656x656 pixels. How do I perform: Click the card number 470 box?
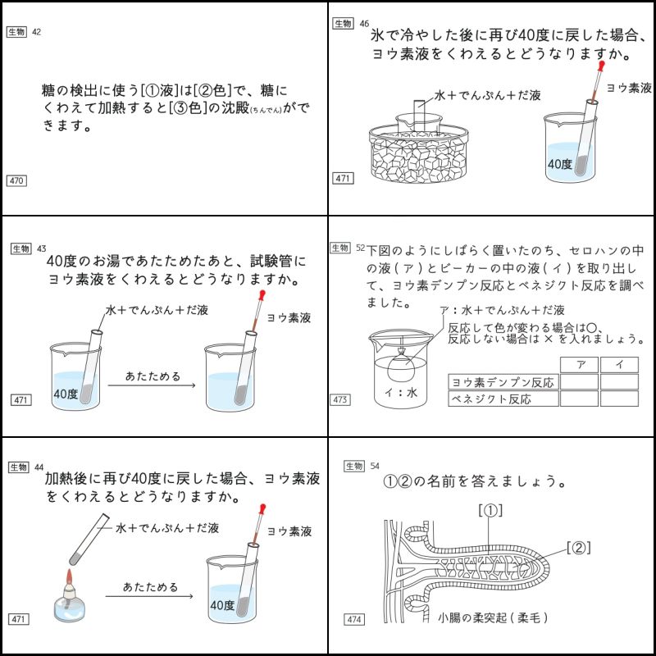(16, 180)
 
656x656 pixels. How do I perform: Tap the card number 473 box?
(341, 399)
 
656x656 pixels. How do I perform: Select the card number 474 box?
(355, 619)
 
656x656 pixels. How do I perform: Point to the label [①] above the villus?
(490, 510)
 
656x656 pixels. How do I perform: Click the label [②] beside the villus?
(578, 547)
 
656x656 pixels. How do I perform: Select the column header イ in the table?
(619, 363)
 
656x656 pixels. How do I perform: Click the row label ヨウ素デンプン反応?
(503, 381)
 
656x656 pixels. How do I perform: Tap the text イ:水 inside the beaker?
(402, 394)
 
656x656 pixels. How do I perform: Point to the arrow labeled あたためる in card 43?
(153, 385)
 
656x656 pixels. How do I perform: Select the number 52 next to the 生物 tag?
(362, 247)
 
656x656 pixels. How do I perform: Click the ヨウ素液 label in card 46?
(628, 86)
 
